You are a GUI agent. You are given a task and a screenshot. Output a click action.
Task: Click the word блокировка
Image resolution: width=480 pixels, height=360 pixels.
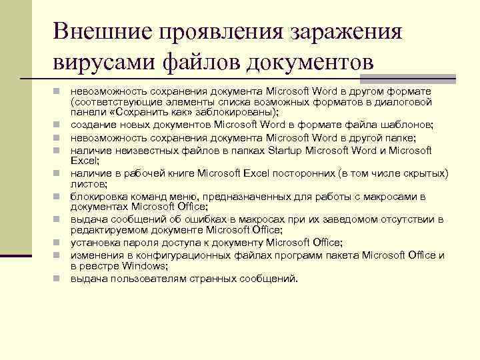pyautogui.click(x=98, y=197)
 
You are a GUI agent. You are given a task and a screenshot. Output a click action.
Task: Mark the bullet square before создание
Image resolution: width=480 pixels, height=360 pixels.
pyautogui.click(x=59, y=125)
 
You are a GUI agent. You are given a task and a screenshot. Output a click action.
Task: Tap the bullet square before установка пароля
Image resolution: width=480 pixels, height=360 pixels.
pyautogui.click(x=59, y=243)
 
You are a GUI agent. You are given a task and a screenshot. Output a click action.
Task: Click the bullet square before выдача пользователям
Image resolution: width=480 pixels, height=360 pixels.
pyautogui.click(x=59, y=279)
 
